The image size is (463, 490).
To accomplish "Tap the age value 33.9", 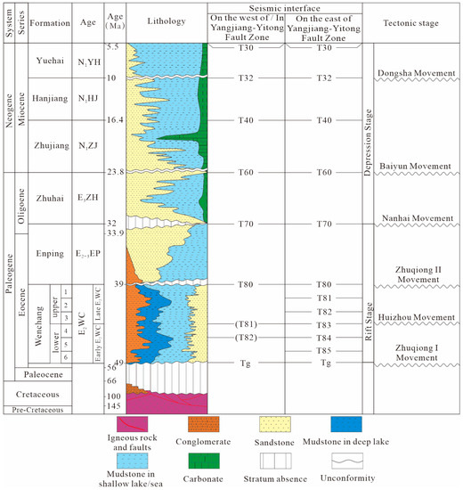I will [x=115, y=233].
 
